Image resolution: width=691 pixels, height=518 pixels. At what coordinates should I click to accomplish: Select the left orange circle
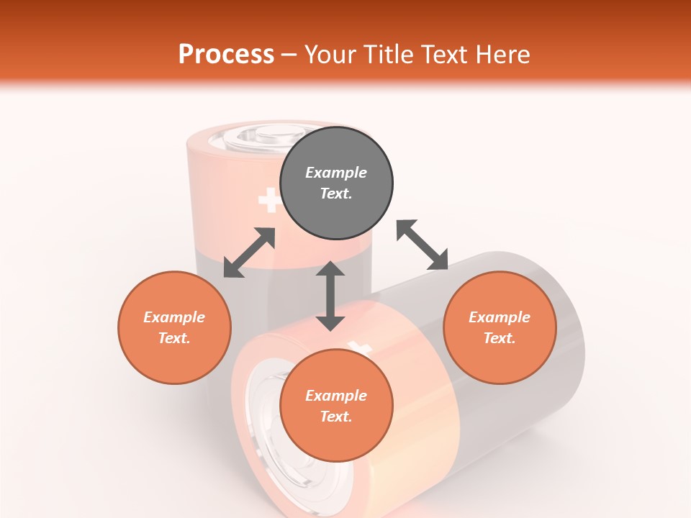point(174,327)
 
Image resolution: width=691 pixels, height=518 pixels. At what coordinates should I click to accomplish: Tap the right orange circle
point(500,327)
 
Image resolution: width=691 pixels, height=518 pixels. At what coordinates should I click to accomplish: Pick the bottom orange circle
point(336,406)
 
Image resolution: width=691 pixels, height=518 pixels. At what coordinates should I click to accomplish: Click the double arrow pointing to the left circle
point(249,253)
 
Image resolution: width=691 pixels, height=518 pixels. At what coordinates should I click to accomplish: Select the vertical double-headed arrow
point(330,296)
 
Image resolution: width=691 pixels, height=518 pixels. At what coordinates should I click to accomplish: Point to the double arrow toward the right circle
point(422,245)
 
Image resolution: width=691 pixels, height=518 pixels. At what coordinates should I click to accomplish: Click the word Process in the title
point(226,54)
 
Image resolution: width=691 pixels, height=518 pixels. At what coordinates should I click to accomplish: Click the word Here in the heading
point(502,54)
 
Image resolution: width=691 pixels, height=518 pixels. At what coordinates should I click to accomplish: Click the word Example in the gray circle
point(336,173)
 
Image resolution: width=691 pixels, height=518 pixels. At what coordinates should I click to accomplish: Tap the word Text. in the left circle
point(174,338)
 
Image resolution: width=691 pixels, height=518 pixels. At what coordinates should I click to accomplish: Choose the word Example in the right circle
point(500,317)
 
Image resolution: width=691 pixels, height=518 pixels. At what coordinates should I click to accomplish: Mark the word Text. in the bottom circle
point(336,417)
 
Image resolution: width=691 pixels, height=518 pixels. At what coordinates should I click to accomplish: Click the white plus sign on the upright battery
point(270,200)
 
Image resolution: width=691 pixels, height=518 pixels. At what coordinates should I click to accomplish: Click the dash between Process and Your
point(289,54)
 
